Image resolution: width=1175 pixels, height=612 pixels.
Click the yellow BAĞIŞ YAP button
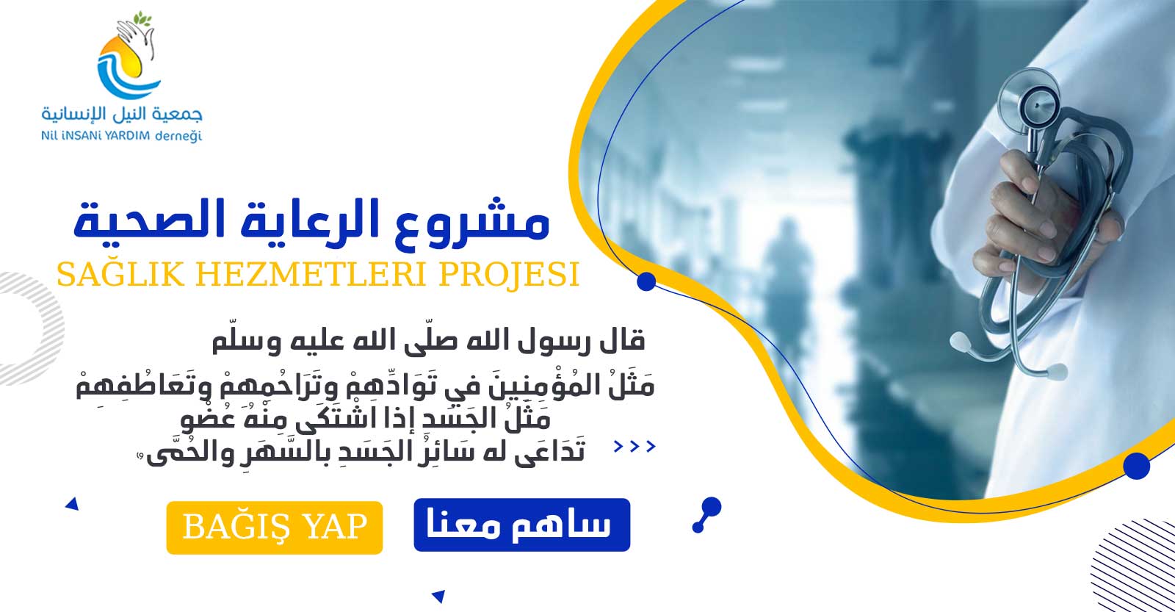tap(275, 528)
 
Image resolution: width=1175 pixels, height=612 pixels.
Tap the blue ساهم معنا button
tap(522, 525)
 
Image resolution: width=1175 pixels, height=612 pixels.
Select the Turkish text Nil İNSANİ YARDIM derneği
tap(122, 136)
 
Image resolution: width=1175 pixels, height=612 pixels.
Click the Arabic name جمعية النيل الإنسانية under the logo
tap(122, 113)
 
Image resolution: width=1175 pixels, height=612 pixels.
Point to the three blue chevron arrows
tap(634, 447)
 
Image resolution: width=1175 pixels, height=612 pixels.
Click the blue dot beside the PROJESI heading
tap(646, 281)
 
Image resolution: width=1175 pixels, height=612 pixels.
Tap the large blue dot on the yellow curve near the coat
tap(1137, 466)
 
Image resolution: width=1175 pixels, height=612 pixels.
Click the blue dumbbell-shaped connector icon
tap(707, 515)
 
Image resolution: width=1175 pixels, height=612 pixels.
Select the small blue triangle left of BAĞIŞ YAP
tap(73, 504)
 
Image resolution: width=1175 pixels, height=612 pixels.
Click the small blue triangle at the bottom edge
tap(438, 597)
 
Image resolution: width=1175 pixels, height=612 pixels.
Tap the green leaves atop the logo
tap(143, 19)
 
